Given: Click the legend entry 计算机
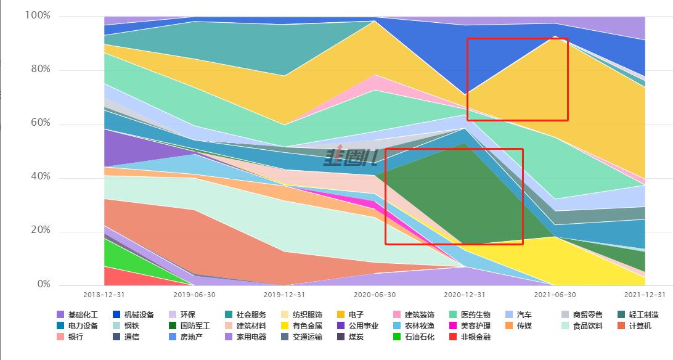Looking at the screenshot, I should [640, 325].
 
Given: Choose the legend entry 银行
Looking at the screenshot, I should [75, 337].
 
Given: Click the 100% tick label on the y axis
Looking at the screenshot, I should [38, 15].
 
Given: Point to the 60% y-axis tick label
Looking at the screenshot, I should [40, 123].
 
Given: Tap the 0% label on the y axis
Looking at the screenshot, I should [43, 285].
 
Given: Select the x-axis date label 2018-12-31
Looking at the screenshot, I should [104, 295].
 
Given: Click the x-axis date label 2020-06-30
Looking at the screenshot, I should [375, 295].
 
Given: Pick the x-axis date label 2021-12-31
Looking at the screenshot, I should [645, 295].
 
